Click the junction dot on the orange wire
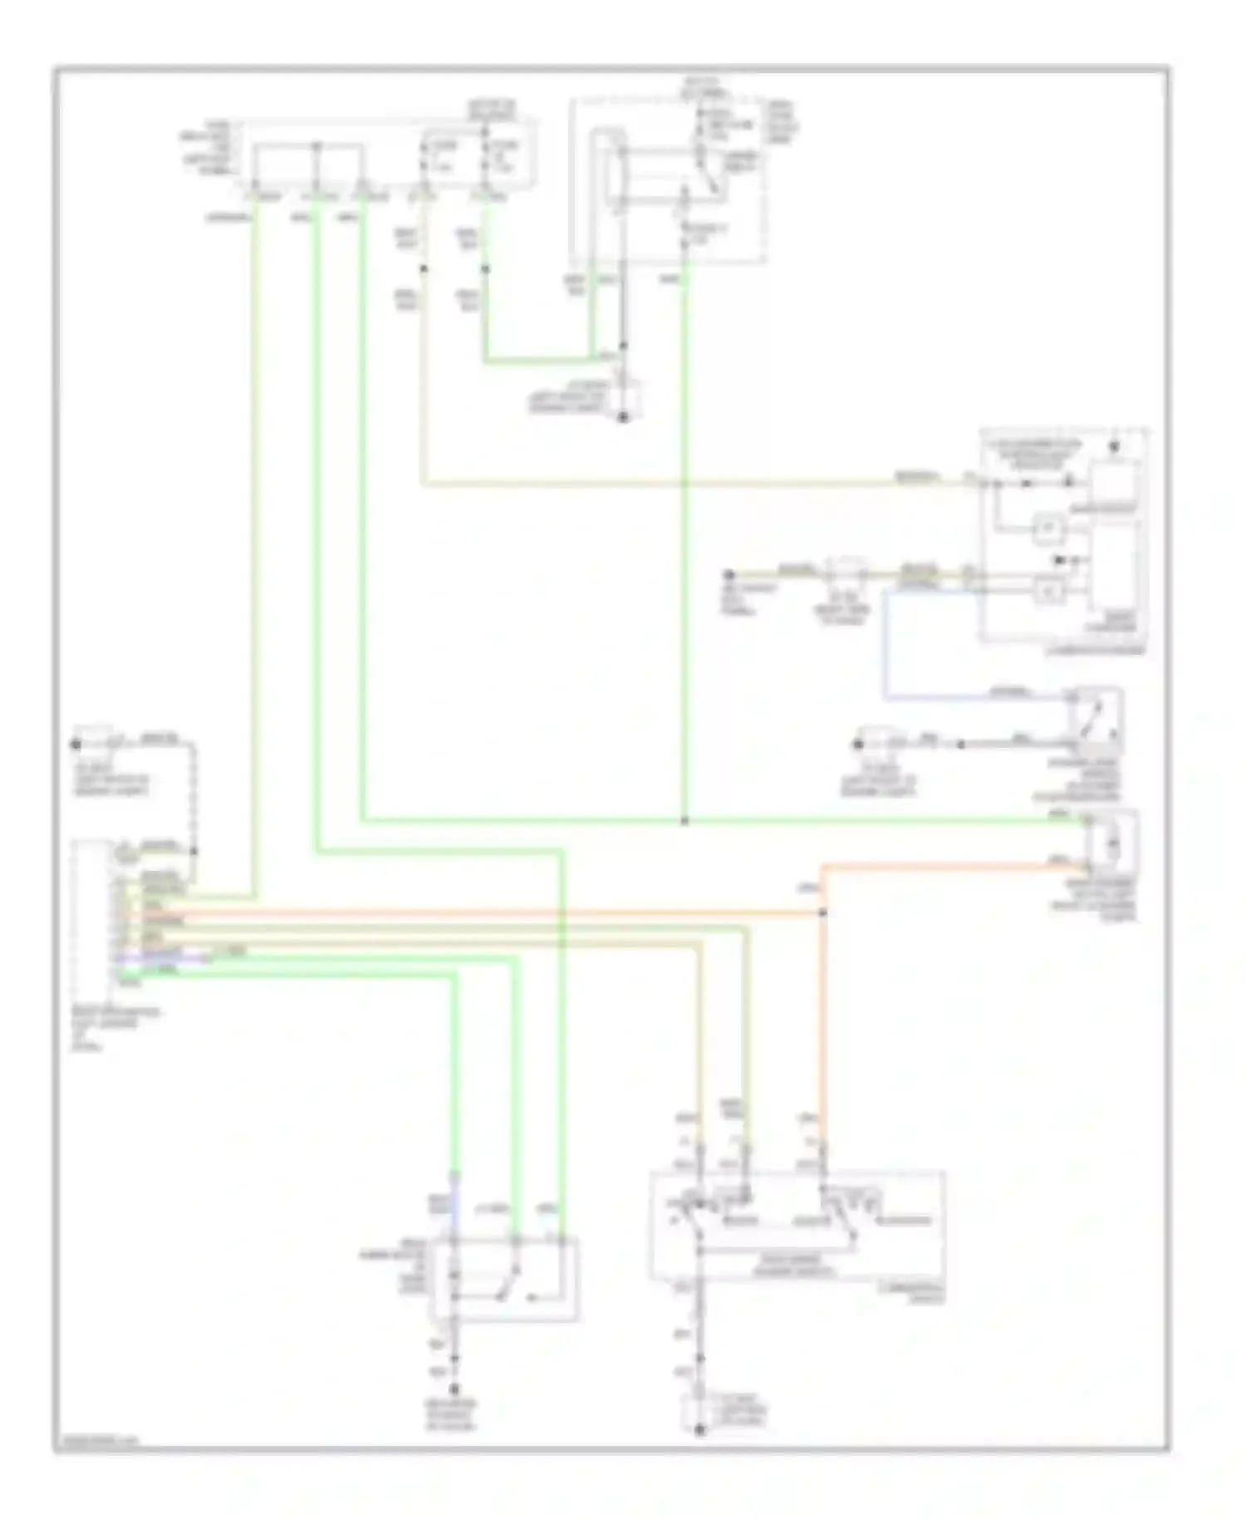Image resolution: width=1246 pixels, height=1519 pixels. (x=823, y=912)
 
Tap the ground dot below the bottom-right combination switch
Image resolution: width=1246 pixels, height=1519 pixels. (x=699, y=1429)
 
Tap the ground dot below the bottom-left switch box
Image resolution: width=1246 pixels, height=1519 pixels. (x=454, y=1388)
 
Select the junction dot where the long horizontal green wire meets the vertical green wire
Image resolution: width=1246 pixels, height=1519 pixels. (x=684, y=821)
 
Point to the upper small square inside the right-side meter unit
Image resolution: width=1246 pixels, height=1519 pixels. (x=1048, y=527)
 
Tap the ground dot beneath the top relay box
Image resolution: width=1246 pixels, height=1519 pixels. (x=623, y=417)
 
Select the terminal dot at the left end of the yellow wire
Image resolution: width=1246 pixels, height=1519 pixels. (x=728, y=575)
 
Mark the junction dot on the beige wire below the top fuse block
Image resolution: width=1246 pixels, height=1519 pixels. (x=423, y=268)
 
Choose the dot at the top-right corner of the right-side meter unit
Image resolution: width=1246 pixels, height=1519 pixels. (x=1115, y=447)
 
